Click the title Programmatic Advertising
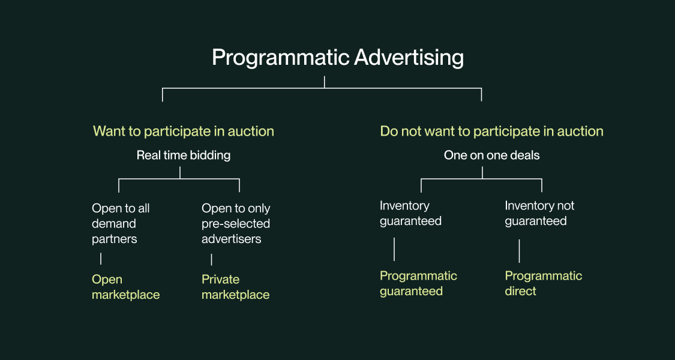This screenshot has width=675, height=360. click(337, 58)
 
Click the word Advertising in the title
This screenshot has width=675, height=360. click(409, 58)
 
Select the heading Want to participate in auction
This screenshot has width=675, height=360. click(183, 131)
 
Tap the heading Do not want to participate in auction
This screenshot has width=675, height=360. click(491, 131)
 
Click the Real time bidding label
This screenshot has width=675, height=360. click(183, 155)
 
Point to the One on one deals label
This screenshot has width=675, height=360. click(491, 155)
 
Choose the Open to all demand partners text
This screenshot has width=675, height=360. click(121, 224)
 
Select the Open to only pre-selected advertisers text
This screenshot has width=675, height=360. click(236, 224)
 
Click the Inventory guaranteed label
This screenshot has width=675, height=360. click(410, 213)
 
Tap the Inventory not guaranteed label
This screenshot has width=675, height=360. click(539, 213)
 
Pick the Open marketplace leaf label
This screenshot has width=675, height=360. click(125, 287)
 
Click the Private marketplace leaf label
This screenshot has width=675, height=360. click(235, 287)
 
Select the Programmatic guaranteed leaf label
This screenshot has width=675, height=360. click(418, 283)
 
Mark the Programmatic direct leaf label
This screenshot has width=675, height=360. click(543, 283)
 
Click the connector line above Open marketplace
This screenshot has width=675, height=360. click(101, 259)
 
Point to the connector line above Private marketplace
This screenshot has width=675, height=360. click(211, 259)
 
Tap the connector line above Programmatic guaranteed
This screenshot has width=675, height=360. click(394, 249)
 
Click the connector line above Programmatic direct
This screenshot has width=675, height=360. click(519, 250)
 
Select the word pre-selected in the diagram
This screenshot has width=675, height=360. click(236, 224)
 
